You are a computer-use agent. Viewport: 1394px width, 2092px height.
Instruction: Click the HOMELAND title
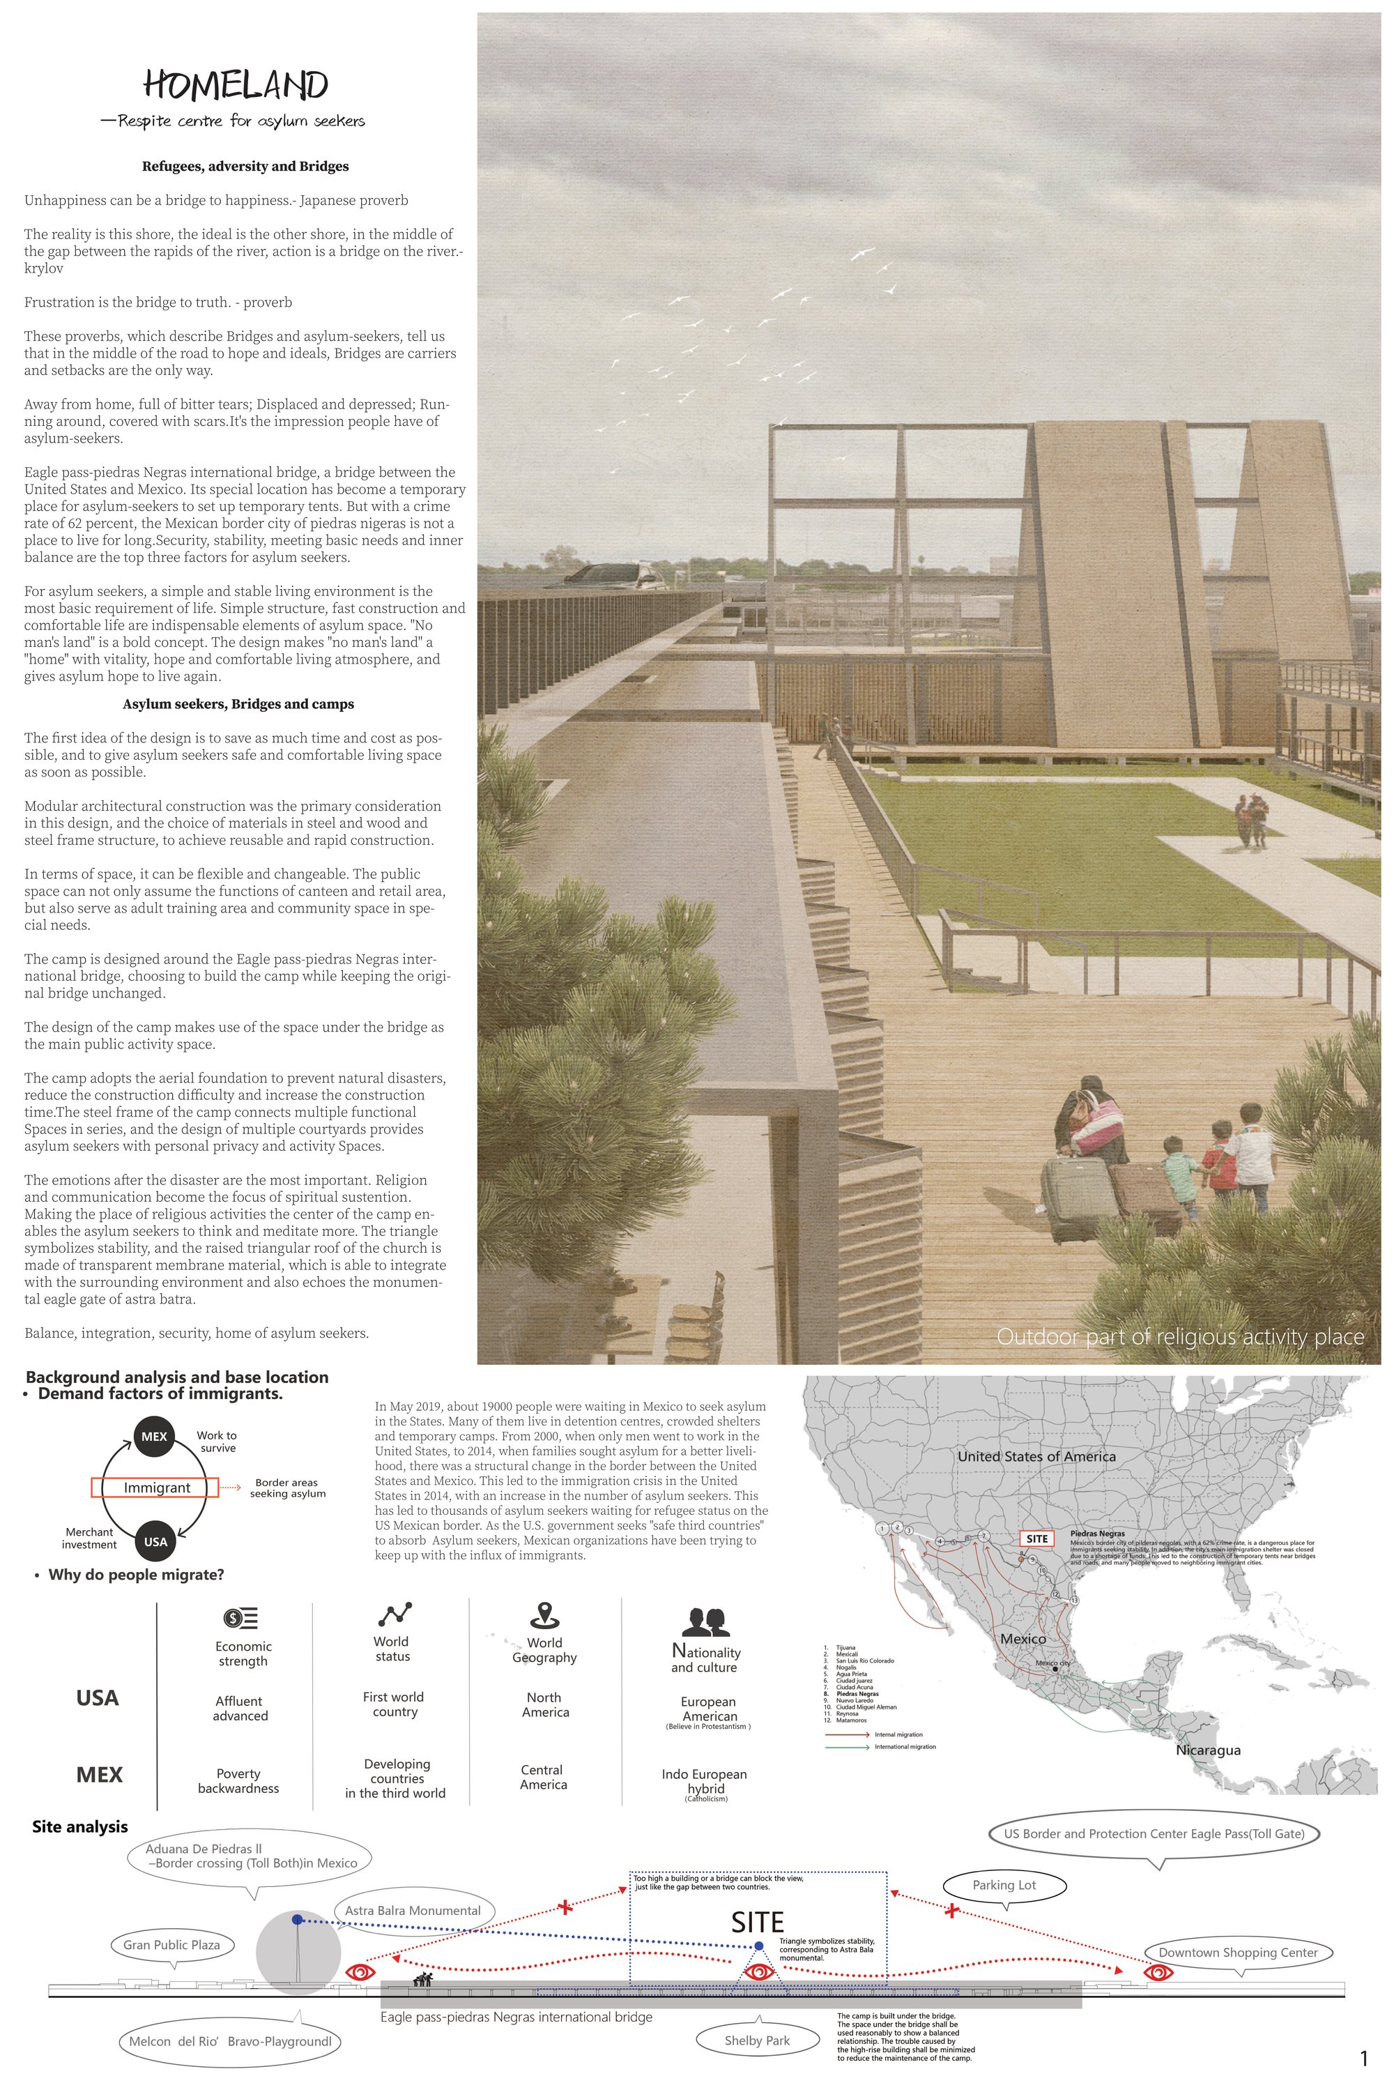(x=236, y=85)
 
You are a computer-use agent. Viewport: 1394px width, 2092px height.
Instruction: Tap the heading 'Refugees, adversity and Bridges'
(x=245, y=166)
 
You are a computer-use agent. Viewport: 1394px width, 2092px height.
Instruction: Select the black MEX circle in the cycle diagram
(x=154, y=1436)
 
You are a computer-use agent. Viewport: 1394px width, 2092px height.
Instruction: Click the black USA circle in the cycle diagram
(x=155, y=1542)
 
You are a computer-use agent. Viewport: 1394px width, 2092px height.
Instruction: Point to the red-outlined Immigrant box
(x=156, y=1488)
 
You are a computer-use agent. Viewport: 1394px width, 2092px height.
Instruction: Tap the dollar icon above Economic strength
(x=242, y=1617)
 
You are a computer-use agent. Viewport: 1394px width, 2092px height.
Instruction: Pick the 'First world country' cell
(x=394, y=1704)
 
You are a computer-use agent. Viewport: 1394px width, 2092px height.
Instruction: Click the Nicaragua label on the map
(x=1208, y=1750)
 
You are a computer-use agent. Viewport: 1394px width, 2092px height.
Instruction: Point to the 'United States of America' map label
(x=1036, y=1456)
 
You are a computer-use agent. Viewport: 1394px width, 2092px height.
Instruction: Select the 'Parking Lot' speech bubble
(x=1004, y=1885)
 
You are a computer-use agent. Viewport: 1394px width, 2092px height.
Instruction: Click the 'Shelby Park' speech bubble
(x=756, y=2040)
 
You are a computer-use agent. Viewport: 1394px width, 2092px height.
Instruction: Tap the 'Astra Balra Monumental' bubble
(x=413, y=1911)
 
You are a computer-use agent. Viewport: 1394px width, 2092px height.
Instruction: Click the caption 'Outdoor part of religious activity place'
(x=1180, y=1336)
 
